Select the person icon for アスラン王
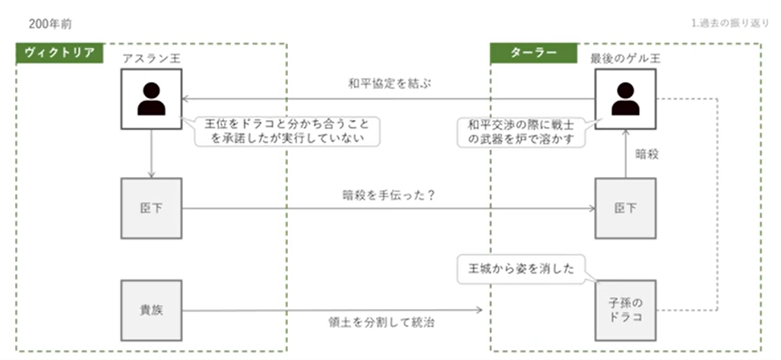click(x=151, y=99)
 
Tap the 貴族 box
click(x=151, y=310)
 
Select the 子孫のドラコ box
click(x=625, y=310)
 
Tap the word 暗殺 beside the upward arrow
click(x=647, y=153)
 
